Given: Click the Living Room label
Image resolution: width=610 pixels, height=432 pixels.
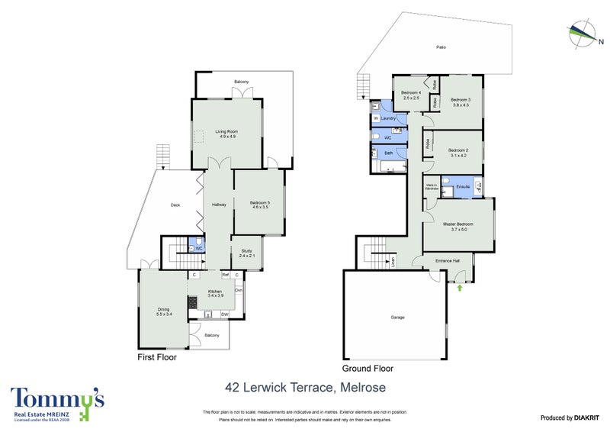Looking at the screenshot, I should click(226, 134).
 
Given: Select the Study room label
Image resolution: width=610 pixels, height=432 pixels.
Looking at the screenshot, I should click(246, 253).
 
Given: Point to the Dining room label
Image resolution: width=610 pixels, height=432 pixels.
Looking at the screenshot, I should click(163, 311).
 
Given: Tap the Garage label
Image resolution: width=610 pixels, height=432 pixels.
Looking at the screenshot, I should click(397, 317).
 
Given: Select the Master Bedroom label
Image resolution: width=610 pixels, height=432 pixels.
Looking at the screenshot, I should click(459, 226).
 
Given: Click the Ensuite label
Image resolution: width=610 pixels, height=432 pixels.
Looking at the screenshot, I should click(462, 186).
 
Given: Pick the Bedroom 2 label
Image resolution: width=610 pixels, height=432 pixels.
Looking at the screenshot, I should click(458, 153).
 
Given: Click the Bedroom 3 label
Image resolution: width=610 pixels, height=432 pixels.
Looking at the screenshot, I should click(460, 102).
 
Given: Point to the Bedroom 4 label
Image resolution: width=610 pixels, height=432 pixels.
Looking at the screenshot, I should click(412, 95).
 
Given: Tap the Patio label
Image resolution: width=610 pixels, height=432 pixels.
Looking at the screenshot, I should click(441, 47).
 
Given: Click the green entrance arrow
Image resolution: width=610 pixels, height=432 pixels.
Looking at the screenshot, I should click(460, 289).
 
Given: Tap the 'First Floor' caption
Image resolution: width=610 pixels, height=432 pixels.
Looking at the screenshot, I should click(157, 357).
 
